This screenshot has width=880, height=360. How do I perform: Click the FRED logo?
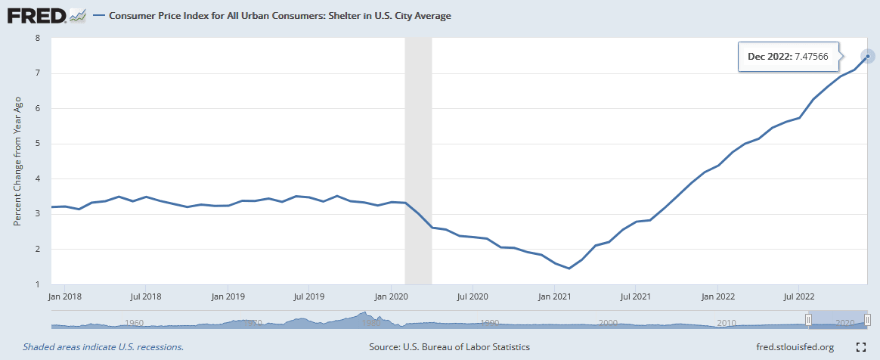[x=36, y=14]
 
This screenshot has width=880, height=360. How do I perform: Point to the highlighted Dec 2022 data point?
[x=868, y=56]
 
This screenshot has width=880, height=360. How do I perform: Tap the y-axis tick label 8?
[x=37, y=38]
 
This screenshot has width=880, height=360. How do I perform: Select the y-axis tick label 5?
[x=37, y=144]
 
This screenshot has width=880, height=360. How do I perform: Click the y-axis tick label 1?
[x=37, y=284]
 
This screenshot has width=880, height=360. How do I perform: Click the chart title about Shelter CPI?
[x=280, y=15]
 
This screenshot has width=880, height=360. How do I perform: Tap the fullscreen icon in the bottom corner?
[x=860, y=347]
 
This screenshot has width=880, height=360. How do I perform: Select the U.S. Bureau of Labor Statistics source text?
[x=449, y=347]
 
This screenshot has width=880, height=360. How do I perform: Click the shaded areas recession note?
[x=103, y=347]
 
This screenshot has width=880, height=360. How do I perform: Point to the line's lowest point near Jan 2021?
[x=569, y=268]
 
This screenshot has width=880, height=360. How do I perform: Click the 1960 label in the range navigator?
[x=134, y=322]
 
